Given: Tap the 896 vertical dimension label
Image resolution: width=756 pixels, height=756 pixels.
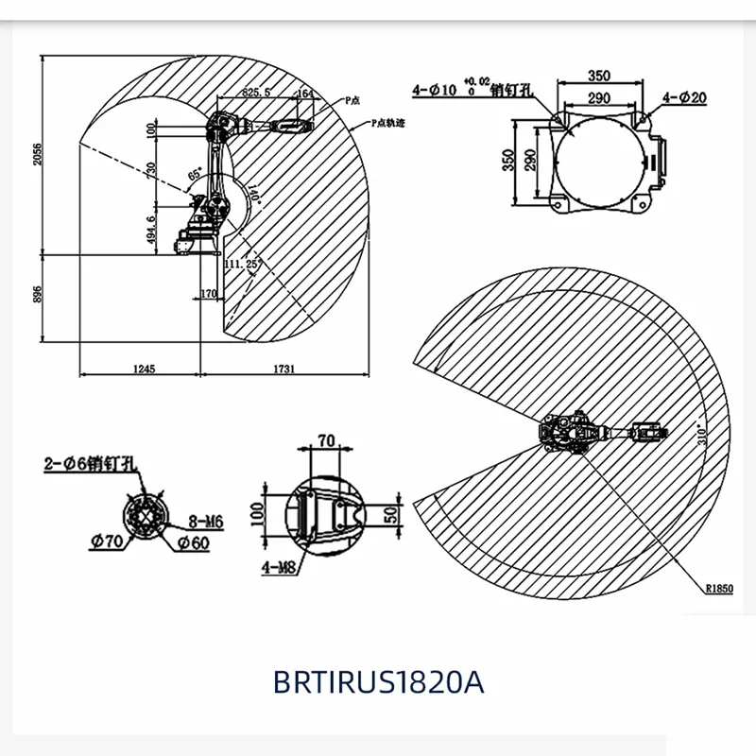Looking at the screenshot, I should pos(39,295).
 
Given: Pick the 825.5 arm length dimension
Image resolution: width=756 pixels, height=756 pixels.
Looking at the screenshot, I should pos(257,93).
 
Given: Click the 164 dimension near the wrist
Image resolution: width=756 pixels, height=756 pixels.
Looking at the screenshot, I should pos(304,93).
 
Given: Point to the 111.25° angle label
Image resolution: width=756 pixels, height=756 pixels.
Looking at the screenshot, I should pos(243,266).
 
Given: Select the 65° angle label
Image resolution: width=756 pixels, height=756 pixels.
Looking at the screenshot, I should pos(196,175).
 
